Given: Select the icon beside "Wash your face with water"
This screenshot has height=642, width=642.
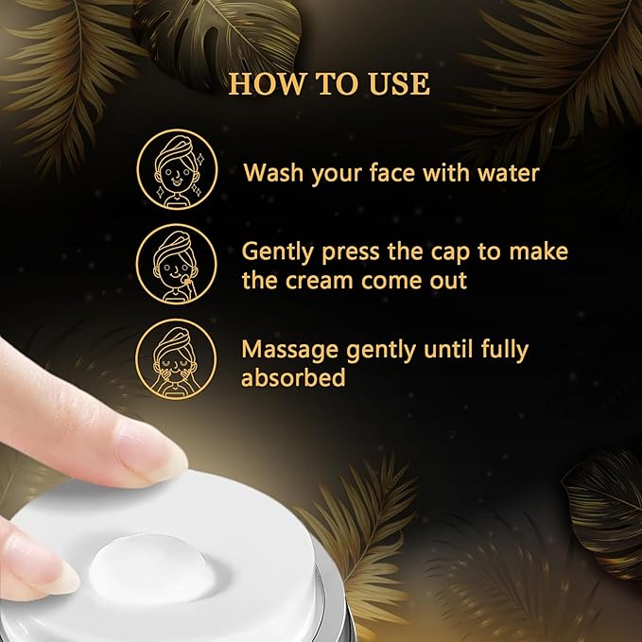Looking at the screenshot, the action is [177, 169].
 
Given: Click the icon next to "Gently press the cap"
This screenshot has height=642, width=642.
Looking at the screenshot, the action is [177, 264].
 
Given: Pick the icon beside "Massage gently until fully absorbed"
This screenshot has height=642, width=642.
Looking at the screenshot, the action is [176, 359].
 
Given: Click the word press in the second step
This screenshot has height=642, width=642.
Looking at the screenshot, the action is [351, 252].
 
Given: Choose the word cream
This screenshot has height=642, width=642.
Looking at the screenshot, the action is [319, 281].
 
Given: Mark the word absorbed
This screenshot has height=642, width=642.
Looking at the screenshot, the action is [293, 377].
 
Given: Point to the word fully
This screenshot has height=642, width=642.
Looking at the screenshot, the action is [505, 351].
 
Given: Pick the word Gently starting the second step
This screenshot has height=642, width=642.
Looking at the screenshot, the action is [277, 252].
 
